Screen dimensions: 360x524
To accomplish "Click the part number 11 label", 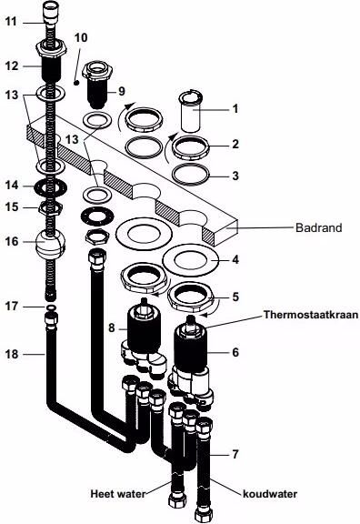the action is (11, 22).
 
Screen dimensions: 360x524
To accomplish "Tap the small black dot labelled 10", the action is (76, 82).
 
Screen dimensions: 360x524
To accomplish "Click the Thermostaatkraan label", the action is (311, 315).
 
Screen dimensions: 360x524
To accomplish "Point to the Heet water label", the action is (118, 493).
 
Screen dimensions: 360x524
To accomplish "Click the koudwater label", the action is (270, 494).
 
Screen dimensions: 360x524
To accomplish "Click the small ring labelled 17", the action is (51, 307).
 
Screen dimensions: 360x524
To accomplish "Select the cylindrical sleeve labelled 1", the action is (190, 111).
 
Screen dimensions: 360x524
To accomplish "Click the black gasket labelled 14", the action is (51, 186).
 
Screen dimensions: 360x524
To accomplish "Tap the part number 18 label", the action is (11, 354).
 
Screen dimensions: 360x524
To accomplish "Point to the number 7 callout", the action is (235, 454).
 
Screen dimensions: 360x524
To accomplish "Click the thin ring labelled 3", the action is (190, 175).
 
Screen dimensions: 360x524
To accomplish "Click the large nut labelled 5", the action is (190, 297).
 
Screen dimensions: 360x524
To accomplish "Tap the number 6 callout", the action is (235, 352).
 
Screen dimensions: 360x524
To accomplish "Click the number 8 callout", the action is (112, 327).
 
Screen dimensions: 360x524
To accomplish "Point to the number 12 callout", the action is (11, 65).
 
